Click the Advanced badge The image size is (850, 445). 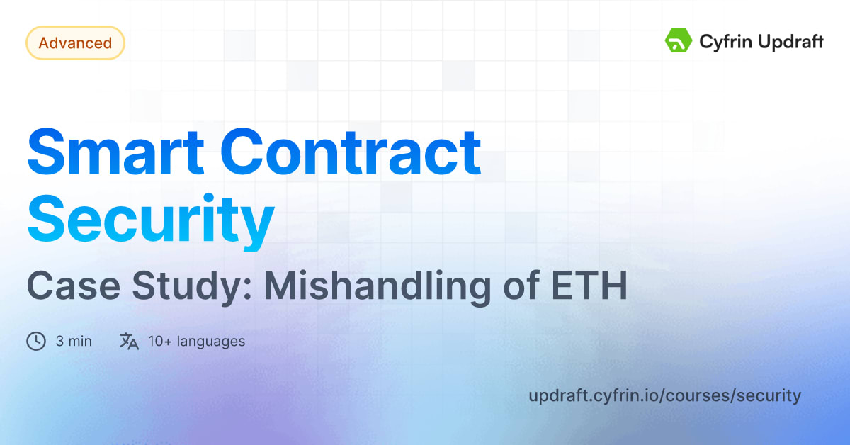click(x=75, y=43)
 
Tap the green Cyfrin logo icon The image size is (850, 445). click(x=678, y=41)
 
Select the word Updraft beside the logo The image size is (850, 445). click(x=790, y=42)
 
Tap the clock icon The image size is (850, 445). click(x=35, y=342)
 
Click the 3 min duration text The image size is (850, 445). click(x=74, y=342)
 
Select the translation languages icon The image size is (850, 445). click(x=128, y=342)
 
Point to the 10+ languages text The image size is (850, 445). click(x=196, y=342)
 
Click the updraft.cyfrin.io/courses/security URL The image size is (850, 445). click(x=664, y=395)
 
